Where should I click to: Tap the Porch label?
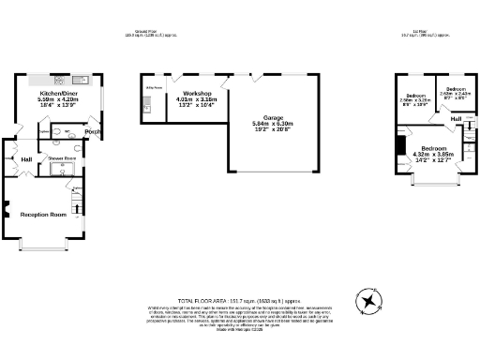tap(93, 131)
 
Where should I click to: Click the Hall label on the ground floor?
tap(26, 159)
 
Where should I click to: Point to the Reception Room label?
tap(44, 215)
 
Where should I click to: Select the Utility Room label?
tap(153, 88)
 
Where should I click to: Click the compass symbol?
tap(372, 303)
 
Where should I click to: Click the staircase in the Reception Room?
tap(78, 202)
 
